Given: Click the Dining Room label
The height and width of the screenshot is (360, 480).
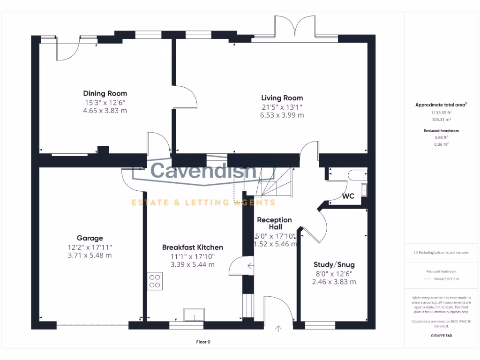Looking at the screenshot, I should point(105,93).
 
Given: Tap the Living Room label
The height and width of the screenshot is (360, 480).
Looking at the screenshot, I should point(282,98).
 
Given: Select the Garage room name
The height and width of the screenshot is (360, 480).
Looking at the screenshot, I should point(90,238).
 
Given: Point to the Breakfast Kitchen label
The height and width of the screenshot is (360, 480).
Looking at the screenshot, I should point(193,247).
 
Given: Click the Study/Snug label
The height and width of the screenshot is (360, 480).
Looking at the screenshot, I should point(334,265).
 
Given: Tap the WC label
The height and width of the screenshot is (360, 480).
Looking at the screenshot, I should point(348,196).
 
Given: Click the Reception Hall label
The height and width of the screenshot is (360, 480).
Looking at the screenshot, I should point(274,223).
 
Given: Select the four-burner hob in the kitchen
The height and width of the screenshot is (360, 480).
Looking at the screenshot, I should point(155,281).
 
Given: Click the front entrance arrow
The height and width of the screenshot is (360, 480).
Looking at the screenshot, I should point(279,329).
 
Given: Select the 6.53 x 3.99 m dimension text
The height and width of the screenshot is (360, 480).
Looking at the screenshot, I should point(282,115).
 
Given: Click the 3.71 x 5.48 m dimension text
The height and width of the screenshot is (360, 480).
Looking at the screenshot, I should point(90,255).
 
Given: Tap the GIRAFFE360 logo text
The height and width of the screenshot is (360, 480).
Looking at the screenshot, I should point(441,336).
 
